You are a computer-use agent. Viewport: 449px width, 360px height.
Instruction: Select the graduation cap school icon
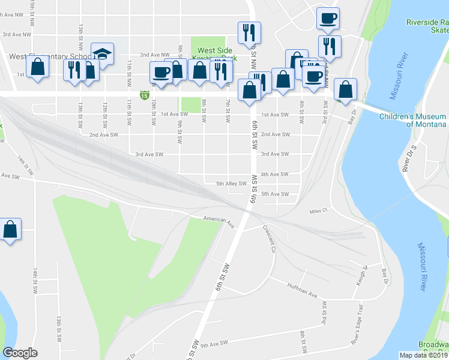103,55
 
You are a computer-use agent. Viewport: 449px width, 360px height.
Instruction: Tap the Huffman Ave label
301,290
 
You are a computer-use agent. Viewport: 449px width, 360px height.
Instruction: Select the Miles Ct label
318,211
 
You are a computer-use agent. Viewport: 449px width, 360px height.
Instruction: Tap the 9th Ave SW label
215,344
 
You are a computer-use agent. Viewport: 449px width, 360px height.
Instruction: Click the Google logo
20,353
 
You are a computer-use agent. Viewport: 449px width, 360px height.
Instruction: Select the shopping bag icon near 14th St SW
10,230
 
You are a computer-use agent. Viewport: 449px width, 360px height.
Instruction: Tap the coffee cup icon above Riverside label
328,19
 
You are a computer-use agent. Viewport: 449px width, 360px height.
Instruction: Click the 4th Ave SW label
276,174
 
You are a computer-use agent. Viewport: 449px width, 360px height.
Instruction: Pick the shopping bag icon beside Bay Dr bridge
346,90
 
